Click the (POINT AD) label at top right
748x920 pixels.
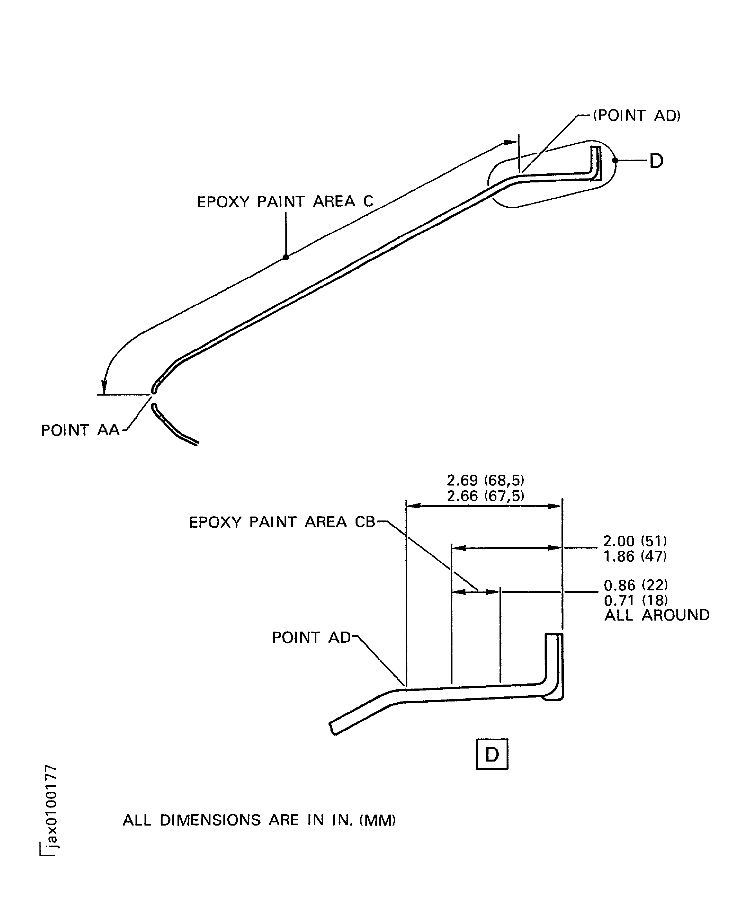636,116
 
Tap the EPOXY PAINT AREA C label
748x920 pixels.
285,201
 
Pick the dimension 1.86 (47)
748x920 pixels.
635,556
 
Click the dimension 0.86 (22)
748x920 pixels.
636,585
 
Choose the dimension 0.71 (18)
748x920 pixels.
636,600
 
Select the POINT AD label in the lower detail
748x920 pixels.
311,637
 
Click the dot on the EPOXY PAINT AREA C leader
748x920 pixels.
286,257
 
